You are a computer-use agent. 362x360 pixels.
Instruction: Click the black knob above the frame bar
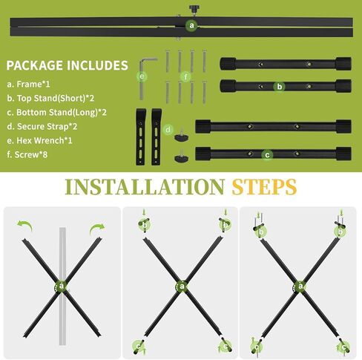(194, 10)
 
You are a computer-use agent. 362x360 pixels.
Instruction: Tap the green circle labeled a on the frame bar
(191, 25)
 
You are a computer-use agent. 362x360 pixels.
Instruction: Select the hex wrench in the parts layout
(145, 79)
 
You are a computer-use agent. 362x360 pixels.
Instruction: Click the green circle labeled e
(142, 76)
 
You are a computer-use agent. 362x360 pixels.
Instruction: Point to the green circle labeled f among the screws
(185, 76)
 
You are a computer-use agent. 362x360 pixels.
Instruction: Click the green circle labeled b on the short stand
(280, 87)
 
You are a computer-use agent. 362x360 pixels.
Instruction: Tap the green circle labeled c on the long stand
(267, 155)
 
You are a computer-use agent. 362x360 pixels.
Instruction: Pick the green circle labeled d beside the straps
(168, 129)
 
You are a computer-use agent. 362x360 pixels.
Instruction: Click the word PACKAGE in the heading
(34, 65)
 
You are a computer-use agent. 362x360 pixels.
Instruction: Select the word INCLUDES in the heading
(97, 65)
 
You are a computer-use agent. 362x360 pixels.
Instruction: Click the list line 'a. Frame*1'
(28, 84)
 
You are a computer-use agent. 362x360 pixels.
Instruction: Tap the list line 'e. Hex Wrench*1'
(39, 140)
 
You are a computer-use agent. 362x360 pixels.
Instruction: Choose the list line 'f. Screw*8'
(27, 154)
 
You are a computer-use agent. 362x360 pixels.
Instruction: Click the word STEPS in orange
(264, 187)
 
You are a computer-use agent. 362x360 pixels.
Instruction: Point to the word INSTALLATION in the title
(145, 187)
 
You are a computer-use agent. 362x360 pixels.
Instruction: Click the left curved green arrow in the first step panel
(25, 226)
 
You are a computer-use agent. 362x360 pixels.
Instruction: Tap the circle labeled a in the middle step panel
(182, 287)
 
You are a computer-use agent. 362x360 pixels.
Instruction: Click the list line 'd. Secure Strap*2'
(42, 126)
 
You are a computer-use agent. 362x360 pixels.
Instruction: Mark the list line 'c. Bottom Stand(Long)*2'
(56, 112)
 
